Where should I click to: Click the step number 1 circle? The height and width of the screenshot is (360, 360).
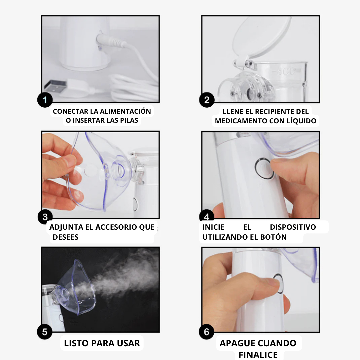[x=45, y=100]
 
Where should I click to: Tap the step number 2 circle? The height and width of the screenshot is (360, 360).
[x=207, y=100]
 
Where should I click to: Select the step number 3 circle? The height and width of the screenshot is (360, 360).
[x=45, y=217]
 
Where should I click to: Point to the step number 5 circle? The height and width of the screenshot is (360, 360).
[x=45, y=332]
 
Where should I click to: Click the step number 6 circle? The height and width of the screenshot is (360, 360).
[x=207, y=332]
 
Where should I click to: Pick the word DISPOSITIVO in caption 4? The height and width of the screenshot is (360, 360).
[x=293, y=227]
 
